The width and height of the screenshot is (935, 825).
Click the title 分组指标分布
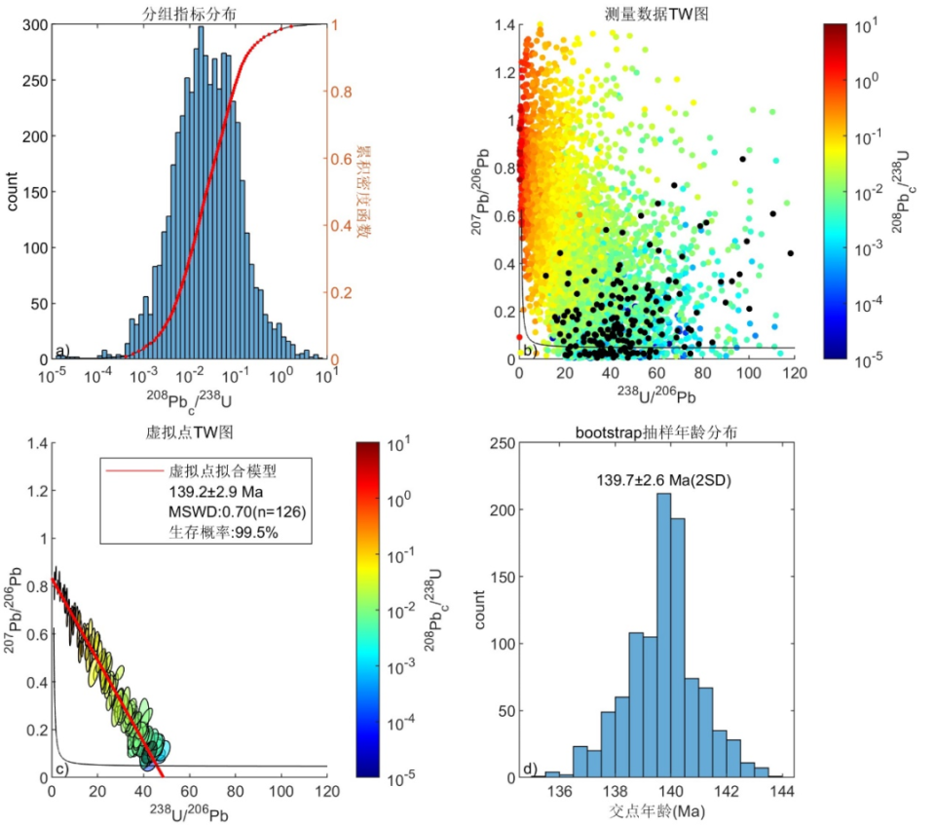(186, 11)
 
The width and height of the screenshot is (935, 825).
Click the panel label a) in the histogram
(62, 350)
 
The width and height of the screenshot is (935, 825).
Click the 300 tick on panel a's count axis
(33, 26)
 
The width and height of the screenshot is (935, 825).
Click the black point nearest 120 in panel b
(790, 253)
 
